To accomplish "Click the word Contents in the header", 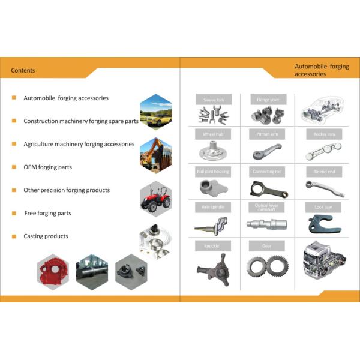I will click(23, 70).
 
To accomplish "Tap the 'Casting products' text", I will click(46, 236).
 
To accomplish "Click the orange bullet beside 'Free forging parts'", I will click(14, 213).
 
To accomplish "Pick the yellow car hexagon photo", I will click(156, 112).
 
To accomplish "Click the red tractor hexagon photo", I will click(155, 197).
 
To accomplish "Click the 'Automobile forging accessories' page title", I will click(321, 70).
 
